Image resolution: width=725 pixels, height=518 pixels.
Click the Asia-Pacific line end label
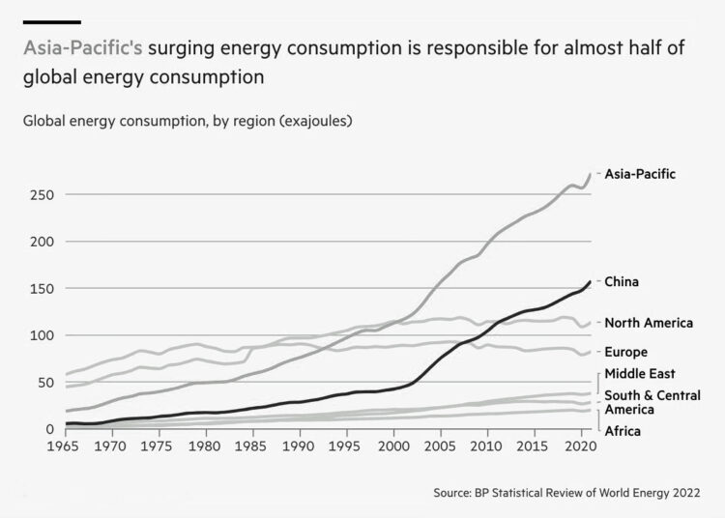(640, 174)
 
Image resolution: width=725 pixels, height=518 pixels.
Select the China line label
(622, 281)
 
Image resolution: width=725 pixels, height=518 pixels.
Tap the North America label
(649, 323)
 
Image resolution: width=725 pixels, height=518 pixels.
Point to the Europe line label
(625, 352)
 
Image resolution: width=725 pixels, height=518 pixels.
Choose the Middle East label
(639, 374)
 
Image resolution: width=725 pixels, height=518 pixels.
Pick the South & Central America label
(652, 402)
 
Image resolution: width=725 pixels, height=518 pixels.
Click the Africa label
(623, 431)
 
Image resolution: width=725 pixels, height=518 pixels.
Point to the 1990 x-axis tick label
(300, 448)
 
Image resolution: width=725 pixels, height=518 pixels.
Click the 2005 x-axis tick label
(442, 448)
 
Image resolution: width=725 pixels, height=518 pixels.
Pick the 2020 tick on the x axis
(581, 448)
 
